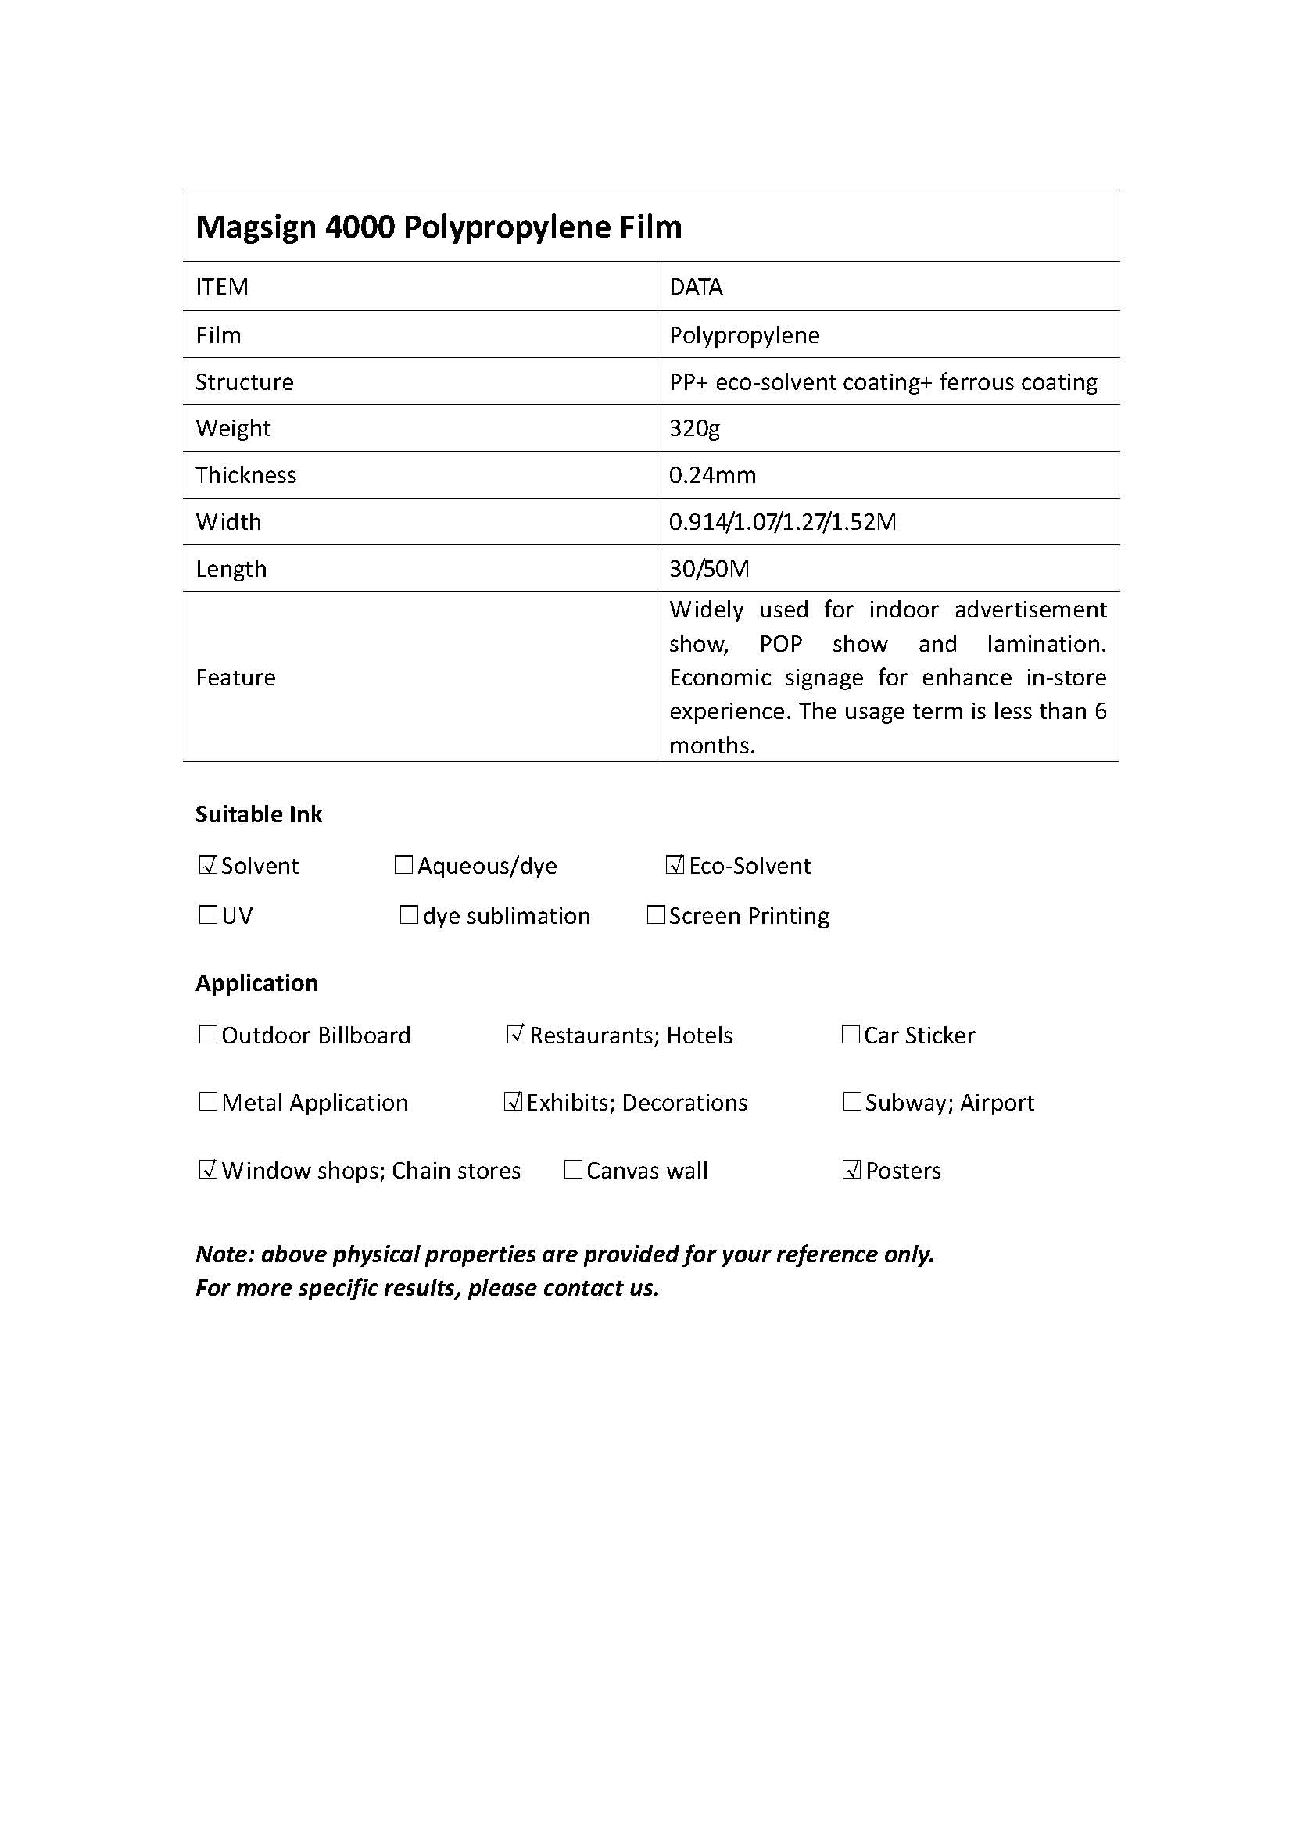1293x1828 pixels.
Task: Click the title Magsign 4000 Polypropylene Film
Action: point(439,227)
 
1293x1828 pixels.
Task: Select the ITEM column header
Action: point(222,287)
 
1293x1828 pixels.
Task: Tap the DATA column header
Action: point(696,287)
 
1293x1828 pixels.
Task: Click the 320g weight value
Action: point(694,428)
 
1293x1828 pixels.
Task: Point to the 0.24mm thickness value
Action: point(713,475)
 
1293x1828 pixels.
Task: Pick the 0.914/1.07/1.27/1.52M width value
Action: point(782,522)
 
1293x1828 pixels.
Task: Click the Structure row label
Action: point(245,382)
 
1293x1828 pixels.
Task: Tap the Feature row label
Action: point(235,678)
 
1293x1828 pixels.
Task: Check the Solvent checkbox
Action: point(208,864)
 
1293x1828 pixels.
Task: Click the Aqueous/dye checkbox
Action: point(403,864)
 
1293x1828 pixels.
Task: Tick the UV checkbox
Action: point(208,915)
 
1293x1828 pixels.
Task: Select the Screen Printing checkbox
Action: point(656,915)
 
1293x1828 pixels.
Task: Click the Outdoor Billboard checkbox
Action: point(208,1034)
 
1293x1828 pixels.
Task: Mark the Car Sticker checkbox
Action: point(851,1034)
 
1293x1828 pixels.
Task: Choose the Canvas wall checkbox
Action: point(572,1170)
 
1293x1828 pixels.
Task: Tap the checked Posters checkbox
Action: point(851,1170)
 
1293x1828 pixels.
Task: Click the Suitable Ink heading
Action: point(259,814)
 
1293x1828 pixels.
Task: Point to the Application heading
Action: point(256,983)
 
